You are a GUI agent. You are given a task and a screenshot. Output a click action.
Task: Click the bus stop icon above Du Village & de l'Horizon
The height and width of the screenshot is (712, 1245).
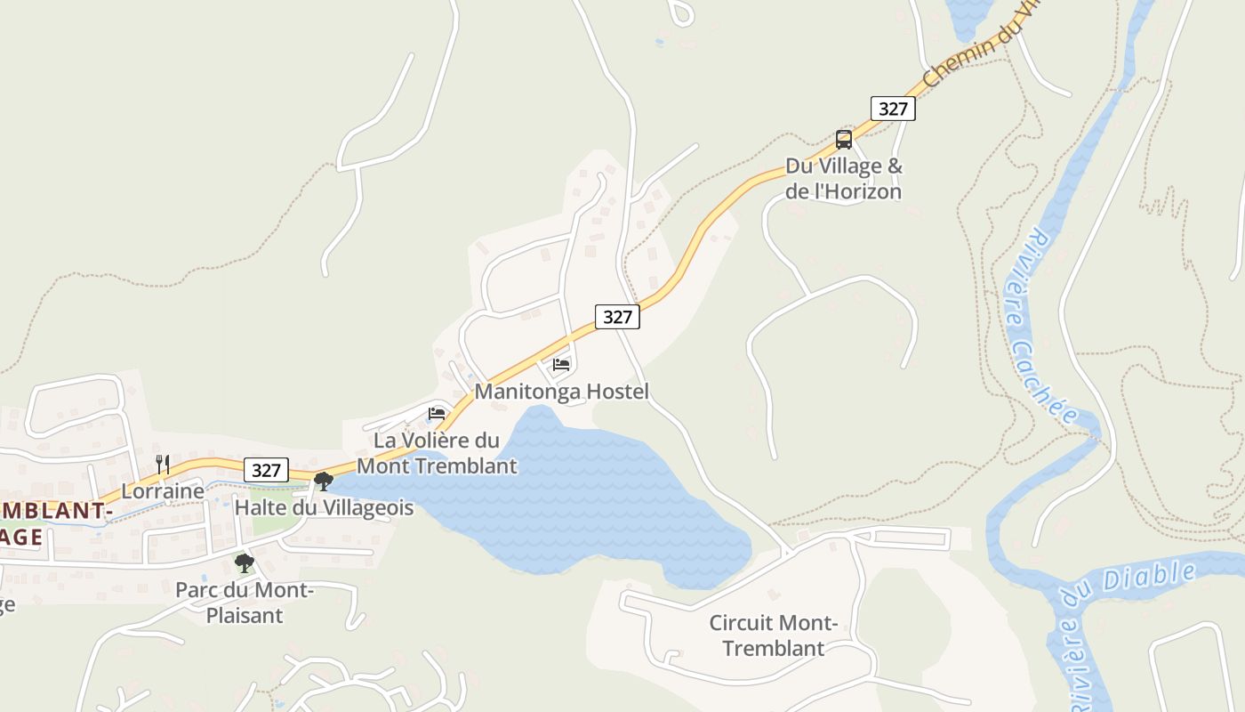coord(844,140)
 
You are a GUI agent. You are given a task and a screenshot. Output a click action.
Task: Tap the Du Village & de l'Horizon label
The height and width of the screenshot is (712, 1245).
coord(843,179)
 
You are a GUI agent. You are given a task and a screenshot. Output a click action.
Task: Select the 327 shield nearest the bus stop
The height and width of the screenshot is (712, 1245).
coord(893,109)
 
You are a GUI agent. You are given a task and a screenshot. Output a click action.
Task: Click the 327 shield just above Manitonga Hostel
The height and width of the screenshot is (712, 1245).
coord(617,317)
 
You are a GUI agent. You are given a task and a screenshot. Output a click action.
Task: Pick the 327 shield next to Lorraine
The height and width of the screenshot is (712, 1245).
coord(266,470)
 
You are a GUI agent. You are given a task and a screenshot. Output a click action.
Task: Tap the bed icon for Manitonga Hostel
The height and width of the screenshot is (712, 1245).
coord(561,364)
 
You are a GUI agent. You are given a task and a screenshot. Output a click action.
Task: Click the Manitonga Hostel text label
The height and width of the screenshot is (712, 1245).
coord(561,392)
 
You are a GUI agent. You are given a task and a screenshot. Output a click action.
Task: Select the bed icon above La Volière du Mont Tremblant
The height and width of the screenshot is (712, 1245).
coord(437,413)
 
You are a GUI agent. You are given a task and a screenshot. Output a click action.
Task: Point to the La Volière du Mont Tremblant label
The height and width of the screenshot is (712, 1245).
coord(437,453)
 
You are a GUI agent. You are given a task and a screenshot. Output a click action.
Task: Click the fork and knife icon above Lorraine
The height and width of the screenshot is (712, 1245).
coord(163,464)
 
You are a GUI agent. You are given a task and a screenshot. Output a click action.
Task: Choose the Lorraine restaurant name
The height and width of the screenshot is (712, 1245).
coord(163,491)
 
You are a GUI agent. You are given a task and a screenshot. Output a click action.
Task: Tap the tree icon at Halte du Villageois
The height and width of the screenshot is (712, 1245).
coord(324,481)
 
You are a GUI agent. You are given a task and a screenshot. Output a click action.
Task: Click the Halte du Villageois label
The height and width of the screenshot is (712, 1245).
coord(324,508)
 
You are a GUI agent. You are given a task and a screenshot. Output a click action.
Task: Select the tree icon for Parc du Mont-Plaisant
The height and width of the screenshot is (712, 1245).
coord(244,562)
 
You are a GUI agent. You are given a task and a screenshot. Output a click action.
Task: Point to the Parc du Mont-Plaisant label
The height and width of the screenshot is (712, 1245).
coord(244,603)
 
